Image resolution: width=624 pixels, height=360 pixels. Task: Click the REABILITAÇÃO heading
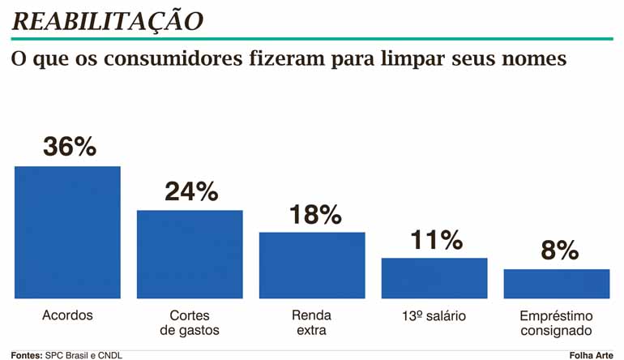108,21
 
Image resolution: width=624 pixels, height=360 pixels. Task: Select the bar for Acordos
67,232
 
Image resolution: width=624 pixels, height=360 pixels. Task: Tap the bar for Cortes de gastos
190,254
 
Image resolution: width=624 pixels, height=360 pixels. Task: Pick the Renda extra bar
312,265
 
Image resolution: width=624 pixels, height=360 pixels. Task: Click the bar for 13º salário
434,278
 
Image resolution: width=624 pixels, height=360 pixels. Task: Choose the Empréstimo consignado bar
557,284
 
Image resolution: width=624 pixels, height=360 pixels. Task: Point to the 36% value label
69,147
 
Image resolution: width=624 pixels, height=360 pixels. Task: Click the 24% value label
191,191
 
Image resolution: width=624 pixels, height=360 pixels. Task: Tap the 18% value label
314,214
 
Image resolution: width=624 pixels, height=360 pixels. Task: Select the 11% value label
435,240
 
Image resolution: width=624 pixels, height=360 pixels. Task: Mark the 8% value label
558,251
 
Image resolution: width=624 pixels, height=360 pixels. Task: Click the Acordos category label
67,315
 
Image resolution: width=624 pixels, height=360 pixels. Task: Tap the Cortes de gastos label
190,323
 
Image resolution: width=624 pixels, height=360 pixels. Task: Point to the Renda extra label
312,323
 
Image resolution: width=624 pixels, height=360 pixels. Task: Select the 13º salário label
435,315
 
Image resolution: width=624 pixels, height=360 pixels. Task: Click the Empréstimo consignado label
557,323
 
